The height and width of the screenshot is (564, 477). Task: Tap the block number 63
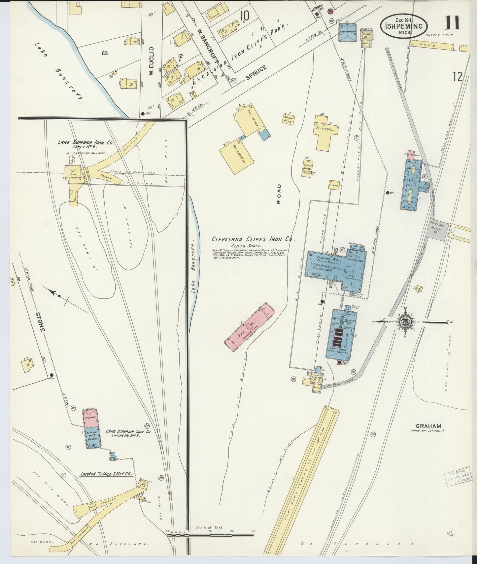click(x=105, y=53)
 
